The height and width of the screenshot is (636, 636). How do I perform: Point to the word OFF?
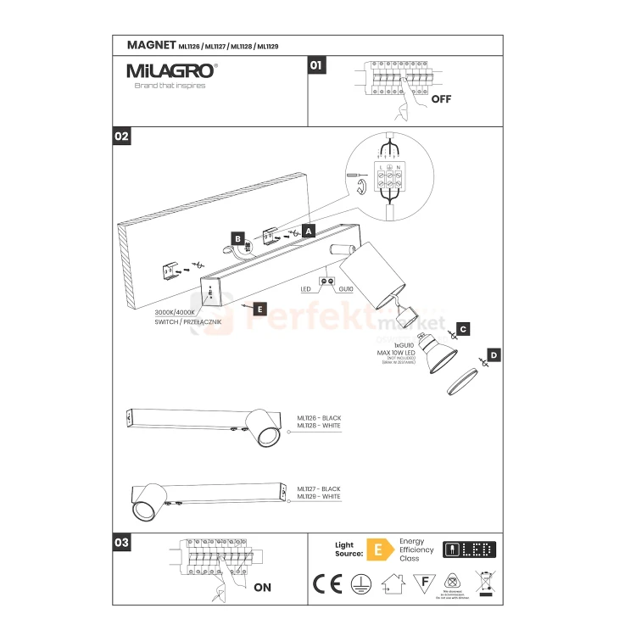coord(441,98)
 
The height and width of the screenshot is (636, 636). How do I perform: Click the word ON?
coord(262,586)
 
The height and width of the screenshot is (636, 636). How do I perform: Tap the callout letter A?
coord(309,230)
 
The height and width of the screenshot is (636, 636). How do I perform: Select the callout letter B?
coord(238,239)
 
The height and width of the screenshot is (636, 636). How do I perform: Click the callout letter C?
coord(463,327)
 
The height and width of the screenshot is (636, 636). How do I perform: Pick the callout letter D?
coord(494,355)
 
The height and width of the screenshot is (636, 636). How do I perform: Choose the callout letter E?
coord(259,310)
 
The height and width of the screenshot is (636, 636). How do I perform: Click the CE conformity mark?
coord(323,583)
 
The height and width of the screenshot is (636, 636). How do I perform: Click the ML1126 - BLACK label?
coord(319,418)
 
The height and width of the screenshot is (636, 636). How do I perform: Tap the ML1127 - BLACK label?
coord(319,489)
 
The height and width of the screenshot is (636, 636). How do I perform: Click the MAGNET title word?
coord(150,45)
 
